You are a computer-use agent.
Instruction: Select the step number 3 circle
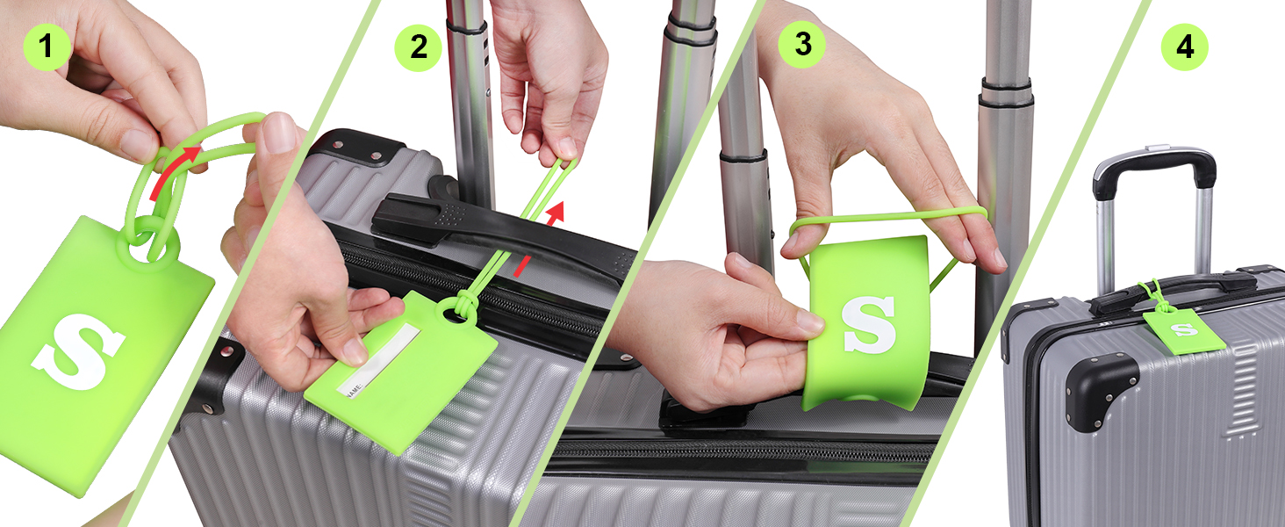point(803,45)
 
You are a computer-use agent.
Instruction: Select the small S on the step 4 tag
point(1185,329)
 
